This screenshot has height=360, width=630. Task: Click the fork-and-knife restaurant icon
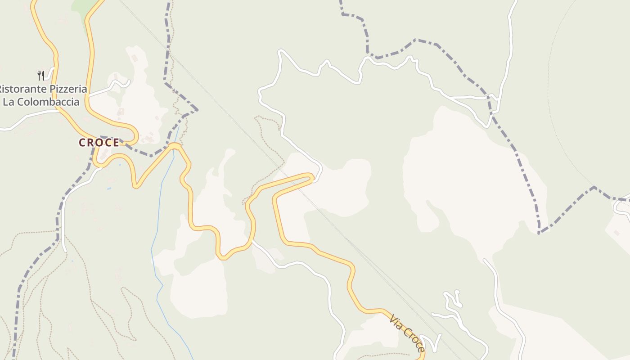(x=40, y=75)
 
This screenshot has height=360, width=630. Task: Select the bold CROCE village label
(x=99, y=143)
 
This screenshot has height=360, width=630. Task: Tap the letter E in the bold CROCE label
(x=116, y=143)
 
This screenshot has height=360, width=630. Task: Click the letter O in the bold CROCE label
(x=99, y=143)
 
